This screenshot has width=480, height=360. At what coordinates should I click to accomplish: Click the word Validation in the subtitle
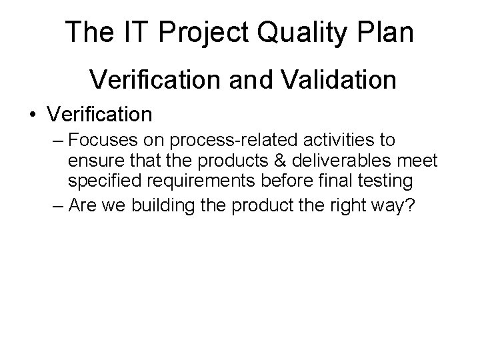click(333, 80)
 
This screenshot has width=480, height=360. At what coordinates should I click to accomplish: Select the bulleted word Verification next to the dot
click(99, 114)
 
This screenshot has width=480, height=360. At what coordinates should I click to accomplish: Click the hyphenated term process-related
click(223, 142)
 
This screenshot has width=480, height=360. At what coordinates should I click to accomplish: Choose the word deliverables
click(340, 161)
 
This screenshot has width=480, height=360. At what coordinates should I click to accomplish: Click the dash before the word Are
click(58, 206)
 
